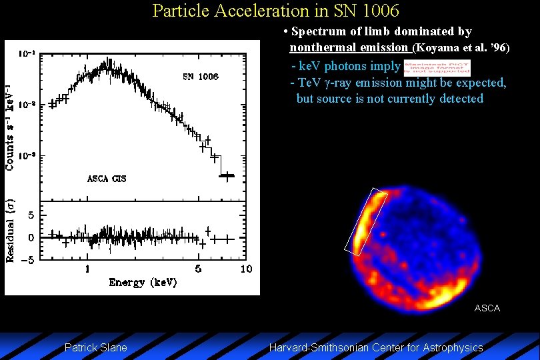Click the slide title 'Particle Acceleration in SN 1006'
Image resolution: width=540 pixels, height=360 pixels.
275,11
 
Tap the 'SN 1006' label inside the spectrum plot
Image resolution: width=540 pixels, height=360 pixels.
200,77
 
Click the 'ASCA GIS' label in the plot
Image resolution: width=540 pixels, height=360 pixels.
107,179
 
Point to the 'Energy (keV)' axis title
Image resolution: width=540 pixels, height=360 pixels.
143,283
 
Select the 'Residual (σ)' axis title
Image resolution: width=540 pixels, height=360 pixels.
11,230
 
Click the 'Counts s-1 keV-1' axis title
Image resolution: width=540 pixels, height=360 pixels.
11,127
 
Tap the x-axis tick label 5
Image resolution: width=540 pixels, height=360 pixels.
198,269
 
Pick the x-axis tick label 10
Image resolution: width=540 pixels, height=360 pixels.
246,269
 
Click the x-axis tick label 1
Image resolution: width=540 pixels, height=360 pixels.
88,269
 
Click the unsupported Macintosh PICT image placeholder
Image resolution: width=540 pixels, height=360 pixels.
437,67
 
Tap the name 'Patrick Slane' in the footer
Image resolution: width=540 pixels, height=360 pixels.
95,347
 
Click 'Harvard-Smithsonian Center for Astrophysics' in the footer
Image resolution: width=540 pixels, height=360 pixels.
375,347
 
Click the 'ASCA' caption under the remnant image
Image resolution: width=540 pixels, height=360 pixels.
487,308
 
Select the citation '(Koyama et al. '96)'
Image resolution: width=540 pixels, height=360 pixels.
461,48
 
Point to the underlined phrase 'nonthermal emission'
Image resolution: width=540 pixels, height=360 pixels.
349,47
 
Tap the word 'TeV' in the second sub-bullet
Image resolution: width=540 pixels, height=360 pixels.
309,83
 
